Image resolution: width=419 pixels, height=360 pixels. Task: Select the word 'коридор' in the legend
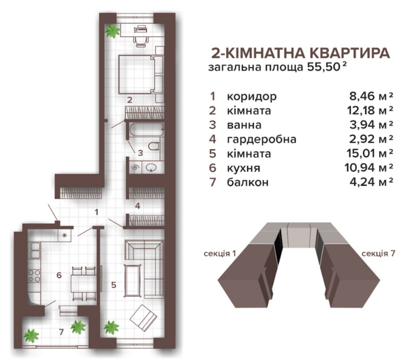click(x=251, y=97)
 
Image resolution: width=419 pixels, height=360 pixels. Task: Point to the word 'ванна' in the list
click(x=244, y=125)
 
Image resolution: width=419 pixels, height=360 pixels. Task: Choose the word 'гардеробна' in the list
click(x=261, y=139)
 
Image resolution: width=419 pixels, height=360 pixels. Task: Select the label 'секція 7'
click(x=376, y=253)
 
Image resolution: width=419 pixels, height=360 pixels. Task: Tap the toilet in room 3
click(x=154, y=147)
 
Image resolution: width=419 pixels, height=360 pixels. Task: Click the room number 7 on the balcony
click(x=61, y=332)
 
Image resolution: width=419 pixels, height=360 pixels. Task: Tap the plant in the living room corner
click(x=111, y=326)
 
